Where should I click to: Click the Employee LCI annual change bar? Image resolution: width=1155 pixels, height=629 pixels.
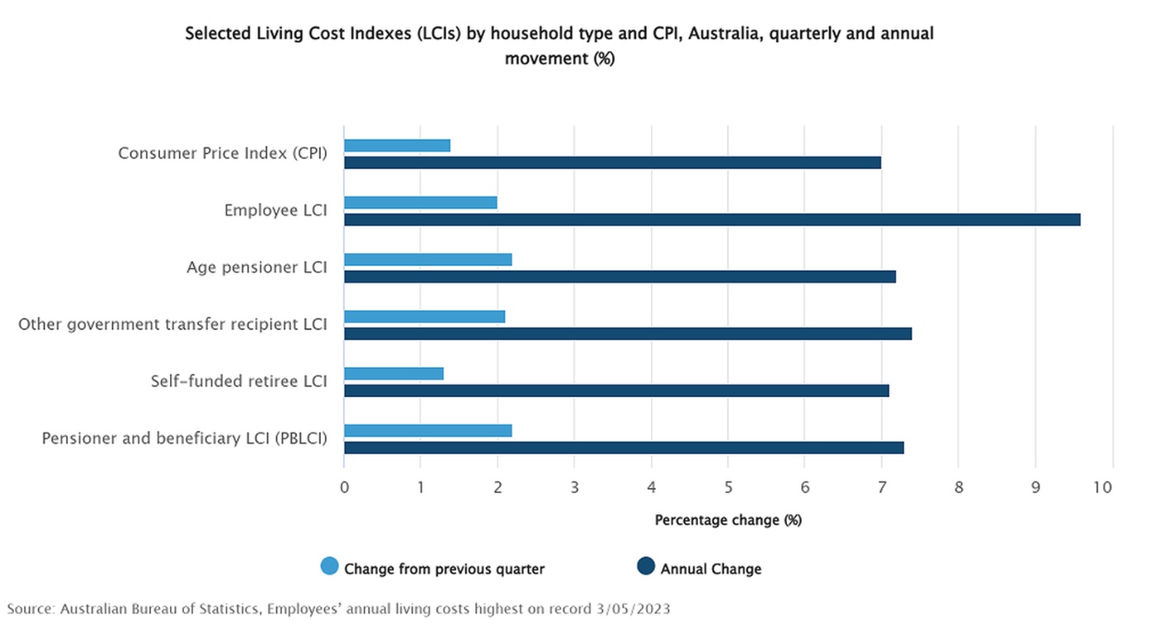click(x=712, y=220)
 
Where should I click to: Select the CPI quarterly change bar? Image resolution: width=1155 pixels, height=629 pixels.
click(x=397, y=145)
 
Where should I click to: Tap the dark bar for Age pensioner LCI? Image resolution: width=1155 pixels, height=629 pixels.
click(x=620, y=277)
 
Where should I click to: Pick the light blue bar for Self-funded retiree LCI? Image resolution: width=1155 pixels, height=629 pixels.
click(x=394, y=374)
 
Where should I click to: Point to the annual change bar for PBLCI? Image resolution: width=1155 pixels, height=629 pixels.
click(x=624, y=447)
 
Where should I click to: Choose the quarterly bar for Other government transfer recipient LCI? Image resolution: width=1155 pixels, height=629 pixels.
click(x=424, y=317)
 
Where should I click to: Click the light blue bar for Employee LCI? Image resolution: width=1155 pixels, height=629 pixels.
click(x=420, y=202)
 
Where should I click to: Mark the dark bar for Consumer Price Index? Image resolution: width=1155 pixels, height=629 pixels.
click(x=612, y=163)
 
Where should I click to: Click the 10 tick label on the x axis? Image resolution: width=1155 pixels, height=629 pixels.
click(x=1103, y=487)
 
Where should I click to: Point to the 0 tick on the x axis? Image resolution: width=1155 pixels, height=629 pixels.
click(x=345, y=487)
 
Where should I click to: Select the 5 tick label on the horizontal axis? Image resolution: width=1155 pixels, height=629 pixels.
click(x=728, y=487)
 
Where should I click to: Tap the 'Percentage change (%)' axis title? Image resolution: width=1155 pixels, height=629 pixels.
click(x=728, y=520)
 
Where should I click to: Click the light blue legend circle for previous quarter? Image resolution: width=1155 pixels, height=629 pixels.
click(x=329, y=566)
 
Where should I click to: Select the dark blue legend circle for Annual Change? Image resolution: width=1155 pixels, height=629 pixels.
click(x=645, y=566)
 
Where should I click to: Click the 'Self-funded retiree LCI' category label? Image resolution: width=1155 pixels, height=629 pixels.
click(x=238, y=381)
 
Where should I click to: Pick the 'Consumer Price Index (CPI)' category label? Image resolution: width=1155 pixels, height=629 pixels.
click(x=223, y=154)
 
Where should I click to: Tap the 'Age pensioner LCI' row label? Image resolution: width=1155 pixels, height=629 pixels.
click(x=257, y=267)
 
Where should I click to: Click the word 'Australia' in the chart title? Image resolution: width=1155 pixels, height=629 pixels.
click(x=725, y=34)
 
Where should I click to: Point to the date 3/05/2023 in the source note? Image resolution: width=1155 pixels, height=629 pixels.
click(x=634, y=609)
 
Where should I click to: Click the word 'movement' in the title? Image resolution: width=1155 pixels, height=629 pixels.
click(x=546, y=59)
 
